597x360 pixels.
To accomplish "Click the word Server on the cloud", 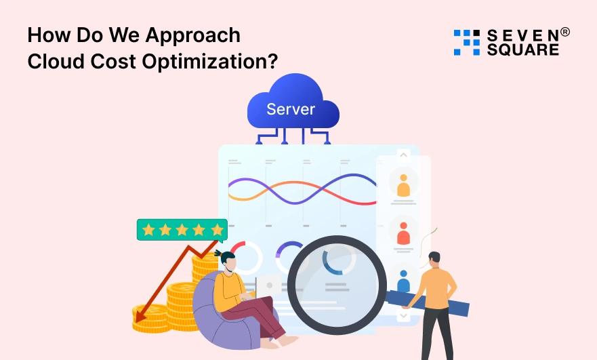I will (x=291, y=109).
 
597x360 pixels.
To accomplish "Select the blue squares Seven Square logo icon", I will (x=466, y=42).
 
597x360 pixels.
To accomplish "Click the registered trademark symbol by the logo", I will (x=565, y=32).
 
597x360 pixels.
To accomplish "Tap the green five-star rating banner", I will (x=182, y=230).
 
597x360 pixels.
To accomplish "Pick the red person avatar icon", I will (x=404, y=233).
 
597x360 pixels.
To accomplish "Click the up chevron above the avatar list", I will (x=404, y=155).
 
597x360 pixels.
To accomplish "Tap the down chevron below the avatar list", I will (x=404, y=316).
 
